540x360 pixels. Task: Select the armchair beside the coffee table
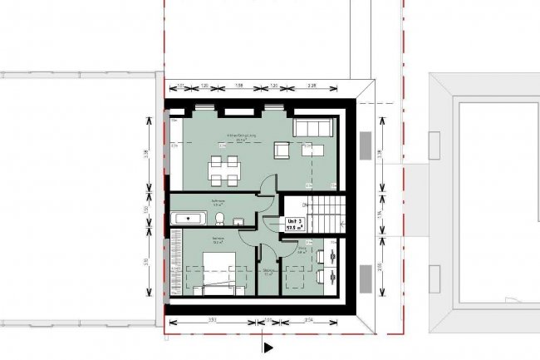tap(283, 150)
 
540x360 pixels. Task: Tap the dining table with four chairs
tap(223, 169)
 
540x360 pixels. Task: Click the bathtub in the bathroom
tap(189, 219)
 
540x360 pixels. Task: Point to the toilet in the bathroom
tap(219, 219)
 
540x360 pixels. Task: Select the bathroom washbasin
tap(238, 221)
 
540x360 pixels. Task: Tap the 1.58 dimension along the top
tap(238, 86)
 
